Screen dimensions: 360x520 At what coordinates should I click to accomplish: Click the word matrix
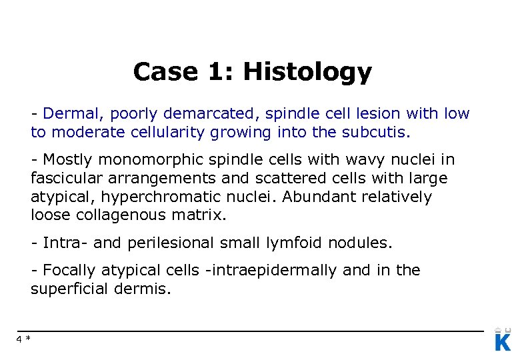(x=204, y=215)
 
